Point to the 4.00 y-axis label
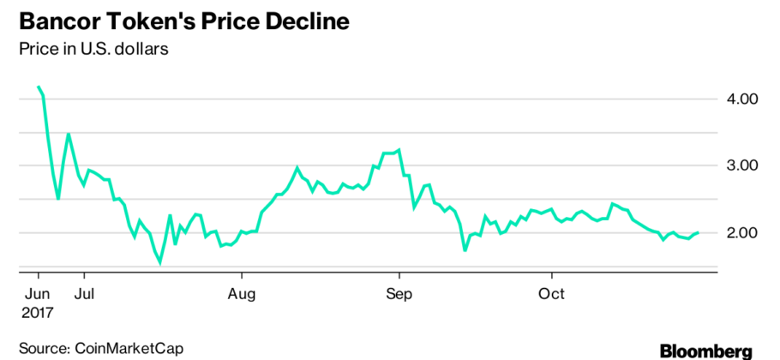tap(740, 99)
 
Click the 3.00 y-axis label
tap(740, 165)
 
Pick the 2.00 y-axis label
tap(740, 232)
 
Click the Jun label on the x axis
tap(39, 294)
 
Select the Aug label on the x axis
tap(242, 294)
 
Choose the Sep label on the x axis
tap(399, 294)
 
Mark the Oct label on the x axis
tap(552, 294)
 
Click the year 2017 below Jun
tap(39, 313)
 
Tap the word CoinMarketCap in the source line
tap(129, 348)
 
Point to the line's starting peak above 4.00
tap(39, 87)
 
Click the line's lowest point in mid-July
tap(159, 263)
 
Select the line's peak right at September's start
tap(399, 149)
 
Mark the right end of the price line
tap(699, 232)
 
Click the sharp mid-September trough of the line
tap(465, 250)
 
